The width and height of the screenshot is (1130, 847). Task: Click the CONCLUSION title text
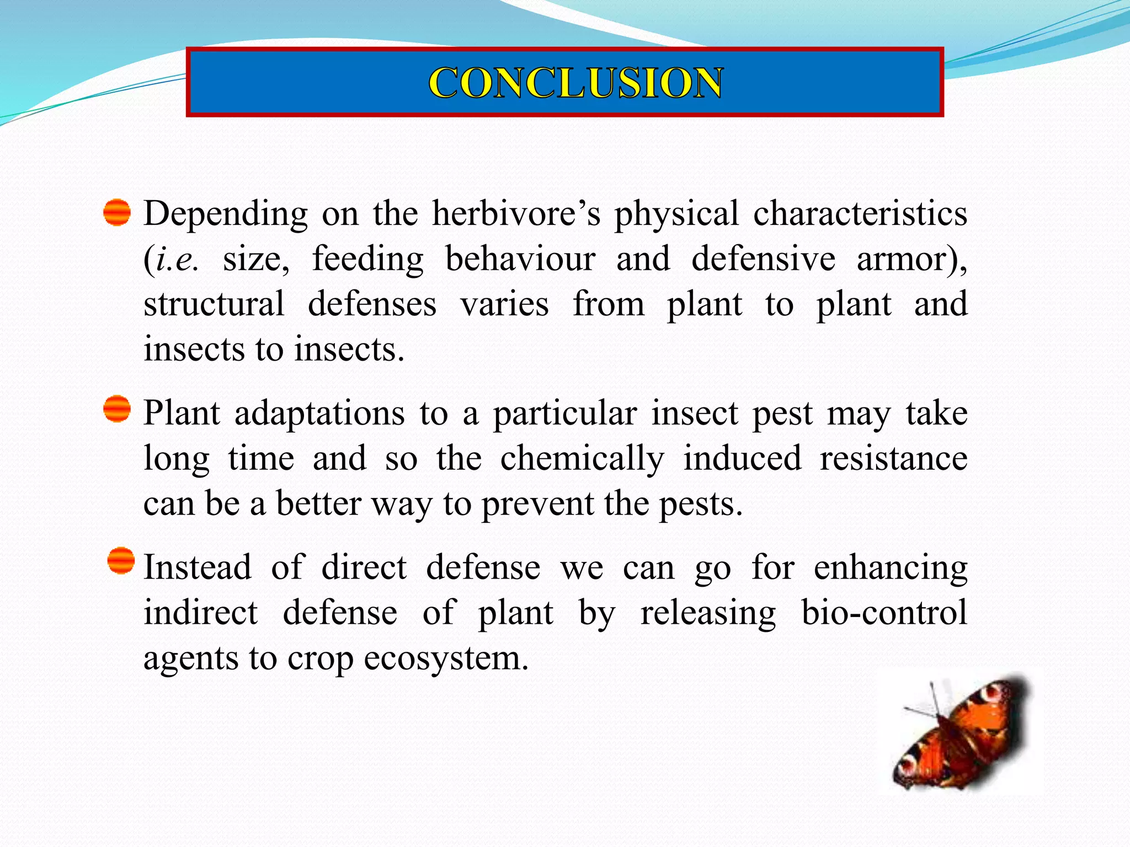tap(575, 83)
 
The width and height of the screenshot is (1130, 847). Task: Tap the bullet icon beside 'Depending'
tap(117, 213)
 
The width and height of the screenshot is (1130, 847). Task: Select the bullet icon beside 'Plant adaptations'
tap(117, 409)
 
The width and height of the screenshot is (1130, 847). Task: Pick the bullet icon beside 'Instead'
tap(121, 561)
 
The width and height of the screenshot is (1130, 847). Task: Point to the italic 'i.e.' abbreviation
tap(177, 259)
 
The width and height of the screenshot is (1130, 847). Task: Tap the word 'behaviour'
tap(520, 259)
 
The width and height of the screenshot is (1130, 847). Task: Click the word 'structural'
tap(214, 304)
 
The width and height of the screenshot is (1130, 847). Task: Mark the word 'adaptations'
tap(319, 414)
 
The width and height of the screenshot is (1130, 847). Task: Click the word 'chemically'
tap(582, 459)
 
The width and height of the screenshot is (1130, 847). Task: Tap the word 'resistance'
tap(893, 459)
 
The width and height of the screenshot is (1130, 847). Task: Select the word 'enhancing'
tap(891, 568)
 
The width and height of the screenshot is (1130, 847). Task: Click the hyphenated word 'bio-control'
tap(884, 613)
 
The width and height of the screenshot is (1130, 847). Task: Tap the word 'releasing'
tap(708, 613)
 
